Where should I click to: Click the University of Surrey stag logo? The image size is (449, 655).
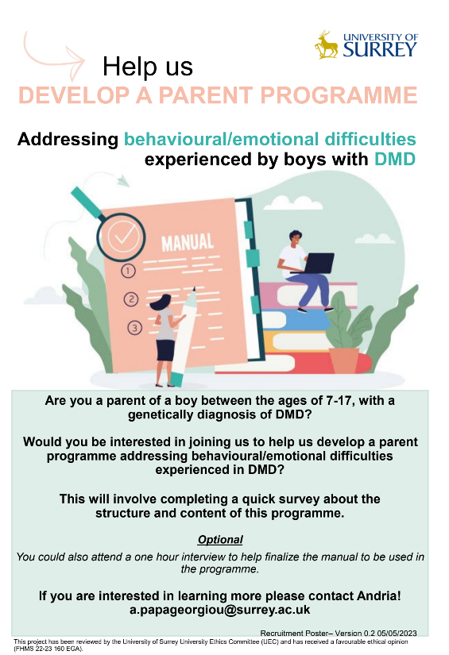[x=327, y=44]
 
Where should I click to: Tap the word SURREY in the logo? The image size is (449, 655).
[x=380, y=50]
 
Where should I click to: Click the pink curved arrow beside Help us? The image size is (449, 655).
[x=54, y=56]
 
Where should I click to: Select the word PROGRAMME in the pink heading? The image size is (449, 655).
[x=339, y=95]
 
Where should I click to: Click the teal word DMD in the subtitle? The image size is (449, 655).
[x=395, y=159]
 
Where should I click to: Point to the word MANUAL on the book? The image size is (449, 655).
[x=188, y=242]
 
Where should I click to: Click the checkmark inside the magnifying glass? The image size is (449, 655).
[x=124, y=236]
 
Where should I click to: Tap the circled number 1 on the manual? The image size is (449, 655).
[x=129, y=271]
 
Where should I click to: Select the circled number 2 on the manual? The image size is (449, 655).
[x=131, y=299]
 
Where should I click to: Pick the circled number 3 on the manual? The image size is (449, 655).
[x=134, y=327]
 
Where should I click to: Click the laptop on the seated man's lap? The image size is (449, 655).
[x=318, y=264]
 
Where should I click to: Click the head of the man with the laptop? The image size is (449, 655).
[x=296, y=238]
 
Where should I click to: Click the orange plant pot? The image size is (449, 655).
[x=344, y=360]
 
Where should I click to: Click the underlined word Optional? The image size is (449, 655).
[x=220, y=540]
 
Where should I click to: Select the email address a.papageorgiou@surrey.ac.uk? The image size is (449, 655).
[x=220, y=610]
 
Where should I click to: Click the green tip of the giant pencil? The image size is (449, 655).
[x=176, y=379]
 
